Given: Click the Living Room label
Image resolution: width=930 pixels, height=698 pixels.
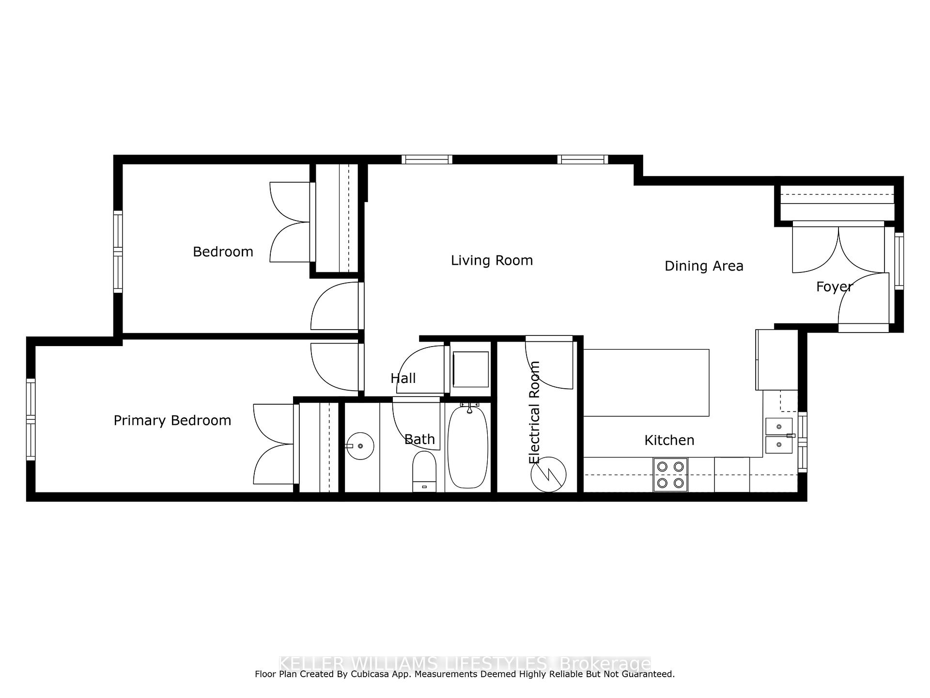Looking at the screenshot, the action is pos(492,260).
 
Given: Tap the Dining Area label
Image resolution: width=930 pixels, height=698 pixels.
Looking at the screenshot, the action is pos(704,266).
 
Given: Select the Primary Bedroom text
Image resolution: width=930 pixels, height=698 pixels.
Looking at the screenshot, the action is pos(172,420).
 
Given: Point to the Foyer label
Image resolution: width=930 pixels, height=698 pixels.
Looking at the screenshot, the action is pos(834,287).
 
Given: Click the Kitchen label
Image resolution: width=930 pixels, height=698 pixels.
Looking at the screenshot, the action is pos(669,440).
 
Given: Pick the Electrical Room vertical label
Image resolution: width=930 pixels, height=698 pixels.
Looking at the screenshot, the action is pos(534,412).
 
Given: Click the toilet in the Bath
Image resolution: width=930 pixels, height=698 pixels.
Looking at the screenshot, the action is pos(424,471).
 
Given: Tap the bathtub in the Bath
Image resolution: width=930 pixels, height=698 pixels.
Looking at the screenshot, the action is pos(467,447).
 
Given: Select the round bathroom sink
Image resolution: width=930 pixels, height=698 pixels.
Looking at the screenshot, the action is pos(360,446).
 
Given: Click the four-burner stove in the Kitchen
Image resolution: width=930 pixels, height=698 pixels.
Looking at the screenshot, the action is pos(670,475).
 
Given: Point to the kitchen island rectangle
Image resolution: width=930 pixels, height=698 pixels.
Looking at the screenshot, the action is pos(646,382).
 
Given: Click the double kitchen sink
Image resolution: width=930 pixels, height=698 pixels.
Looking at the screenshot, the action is pos(779,435).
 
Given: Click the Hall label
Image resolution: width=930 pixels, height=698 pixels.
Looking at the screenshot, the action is pos(403,378).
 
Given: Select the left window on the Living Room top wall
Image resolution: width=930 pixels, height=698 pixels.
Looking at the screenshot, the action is pos(427,159).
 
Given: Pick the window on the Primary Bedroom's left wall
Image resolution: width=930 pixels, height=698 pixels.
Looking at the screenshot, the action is pos(31,419).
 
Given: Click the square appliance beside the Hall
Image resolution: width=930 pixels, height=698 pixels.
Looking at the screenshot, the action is pos(470,369).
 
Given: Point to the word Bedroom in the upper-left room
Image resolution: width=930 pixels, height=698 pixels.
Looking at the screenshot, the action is pos(223,252).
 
